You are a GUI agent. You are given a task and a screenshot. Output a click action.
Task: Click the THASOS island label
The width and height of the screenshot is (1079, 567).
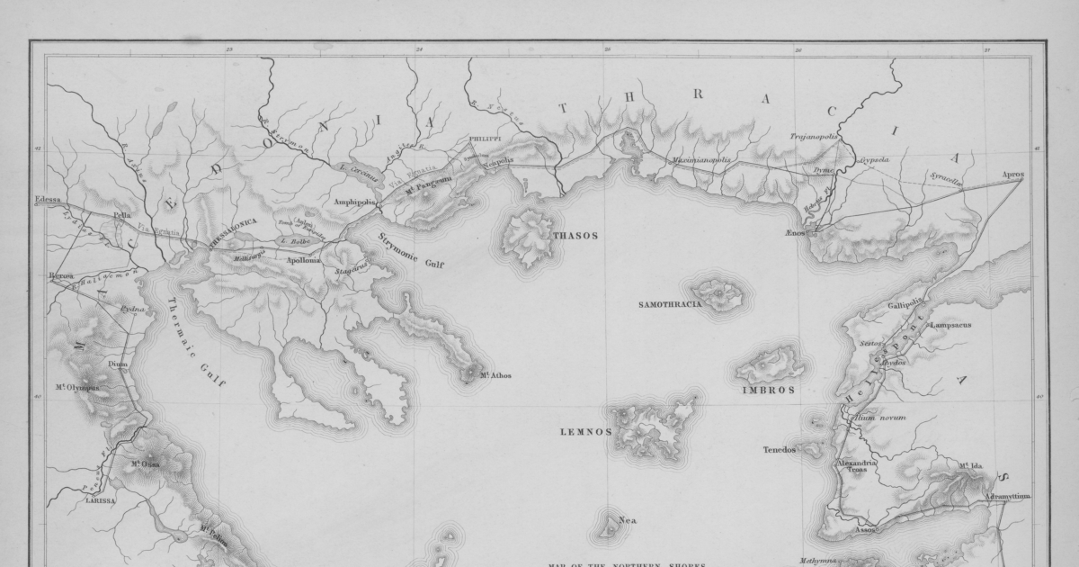tap(575, 236)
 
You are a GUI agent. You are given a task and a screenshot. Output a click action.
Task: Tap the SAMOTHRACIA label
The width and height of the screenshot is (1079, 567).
tap(670, 304)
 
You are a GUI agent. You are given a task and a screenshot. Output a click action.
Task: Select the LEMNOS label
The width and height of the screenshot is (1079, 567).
tap(585, 432)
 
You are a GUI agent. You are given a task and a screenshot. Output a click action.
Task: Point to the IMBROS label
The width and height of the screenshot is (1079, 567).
tap(768, 391)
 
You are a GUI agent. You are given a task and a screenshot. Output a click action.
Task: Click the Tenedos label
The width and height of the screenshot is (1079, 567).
tap(780, 450)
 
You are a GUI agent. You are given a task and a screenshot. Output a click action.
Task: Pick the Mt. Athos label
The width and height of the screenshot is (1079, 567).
tap(495, 375)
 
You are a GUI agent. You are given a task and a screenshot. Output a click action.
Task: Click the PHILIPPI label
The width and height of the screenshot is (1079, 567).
tap(484, 139)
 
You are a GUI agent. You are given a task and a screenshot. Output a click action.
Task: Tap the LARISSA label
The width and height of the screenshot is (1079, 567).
tap(101, 500)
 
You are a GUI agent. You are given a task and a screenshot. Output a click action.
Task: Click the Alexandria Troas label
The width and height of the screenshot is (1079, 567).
tap(857, 466)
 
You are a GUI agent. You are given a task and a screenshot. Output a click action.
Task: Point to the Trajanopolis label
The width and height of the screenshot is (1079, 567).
tap(814, 138)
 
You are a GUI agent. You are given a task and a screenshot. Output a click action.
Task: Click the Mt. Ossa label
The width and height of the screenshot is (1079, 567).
tap(146, 464)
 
